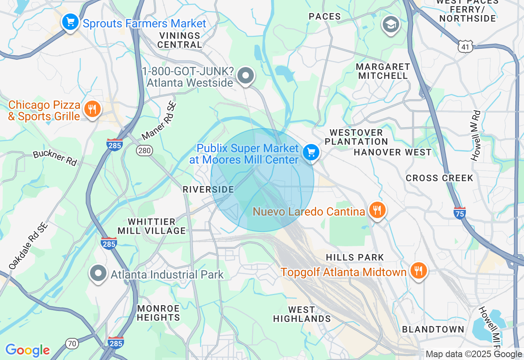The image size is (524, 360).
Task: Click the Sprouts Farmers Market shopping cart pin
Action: point(70,21)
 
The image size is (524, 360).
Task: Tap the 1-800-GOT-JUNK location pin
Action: point(246,76)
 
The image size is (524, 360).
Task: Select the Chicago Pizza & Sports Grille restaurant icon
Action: point(93,109)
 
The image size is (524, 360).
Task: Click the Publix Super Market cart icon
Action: point(311,153)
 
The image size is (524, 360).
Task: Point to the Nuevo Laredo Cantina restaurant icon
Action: point(377,210)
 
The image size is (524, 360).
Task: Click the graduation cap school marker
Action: point(391,25)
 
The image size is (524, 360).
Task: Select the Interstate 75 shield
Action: point(460,213)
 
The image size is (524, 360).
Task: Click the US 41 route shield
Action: point(466,46)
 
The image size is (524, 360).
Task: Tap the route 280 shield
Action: point(145,151)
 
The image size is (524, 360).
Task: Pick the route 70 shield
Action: point(72,343)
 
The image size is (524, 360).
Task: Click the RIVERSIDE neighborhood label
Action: point(208,189)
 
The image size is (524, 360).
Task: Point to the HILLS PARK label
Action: point(355,257)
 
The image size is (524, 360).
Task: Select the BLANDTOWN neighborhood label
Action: point(433,329)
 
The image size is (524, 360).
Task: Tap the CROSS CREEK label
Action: point(439,178)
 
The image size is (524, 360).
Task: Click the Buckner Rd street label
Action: point(55,158)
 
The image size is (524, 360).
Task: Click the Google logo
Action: point(27,350)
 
